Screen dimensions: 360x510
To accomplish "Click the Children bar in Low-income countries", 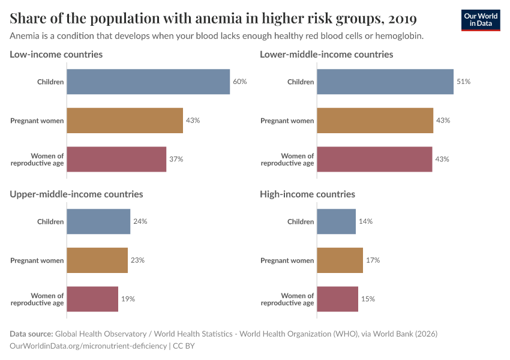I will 148,82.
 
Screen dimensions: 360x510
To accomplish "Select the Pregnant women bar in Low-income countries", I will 125,121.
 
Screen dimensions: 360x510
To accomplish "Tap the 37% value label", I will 176,160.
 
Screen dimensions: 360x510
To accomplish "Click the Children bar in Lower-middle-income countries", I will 385,82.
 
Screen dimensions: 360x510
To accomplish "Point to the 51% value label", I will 463,82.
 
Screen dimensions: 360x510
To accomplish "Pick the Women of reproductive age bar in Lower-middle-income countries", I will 374,160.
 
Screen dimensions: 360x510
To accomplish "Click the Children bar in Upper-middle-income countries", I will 98,221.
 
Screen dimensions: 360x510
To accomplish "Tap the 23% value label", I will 137,260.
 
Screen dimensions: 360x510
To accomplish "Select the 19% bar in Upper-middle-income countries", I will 92,299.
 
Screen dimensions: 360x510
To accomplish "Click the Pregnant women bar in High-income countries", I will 340,260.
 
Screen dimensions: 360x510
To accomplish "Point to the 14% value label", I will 365,221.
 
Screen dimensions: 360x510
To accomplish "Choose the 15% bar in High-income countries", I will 337,299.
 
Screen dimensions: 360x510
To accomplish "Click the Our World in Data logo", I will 480,20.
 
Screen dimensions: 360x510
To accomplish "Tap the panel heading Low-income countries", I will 56,55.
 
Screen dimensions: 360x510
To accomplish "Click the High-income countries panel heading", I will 307,194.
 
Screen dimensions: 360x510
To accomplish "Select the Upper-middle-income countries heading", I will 76,194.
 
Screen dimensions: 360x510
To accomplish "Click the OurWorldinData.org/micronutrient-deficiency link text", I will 89,346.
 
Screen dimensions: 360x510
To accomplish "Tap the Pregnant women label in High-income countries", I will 287,260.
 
